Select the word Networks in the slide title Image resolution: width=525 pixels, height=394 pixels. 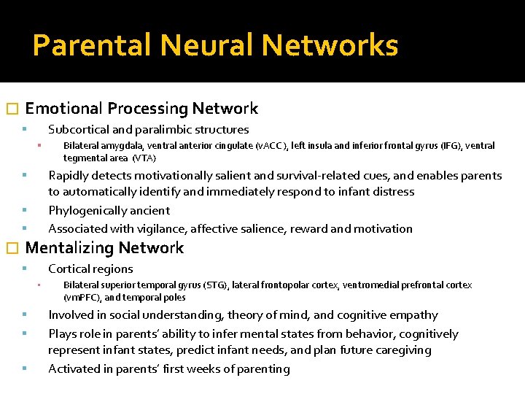330,45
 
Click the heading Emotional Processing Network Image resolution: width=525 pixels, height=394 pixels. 141,109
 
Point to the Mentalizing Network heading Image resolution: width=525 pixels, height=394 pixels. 104,248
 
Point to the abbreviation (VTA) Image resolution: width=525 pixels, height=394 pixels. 144,158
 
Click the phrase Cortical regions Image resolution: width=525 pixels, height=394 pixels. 90,269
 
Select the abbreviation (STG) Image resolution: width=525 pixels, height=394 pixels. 214,285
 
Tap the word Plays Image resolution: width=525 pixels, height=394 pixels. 63,334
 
